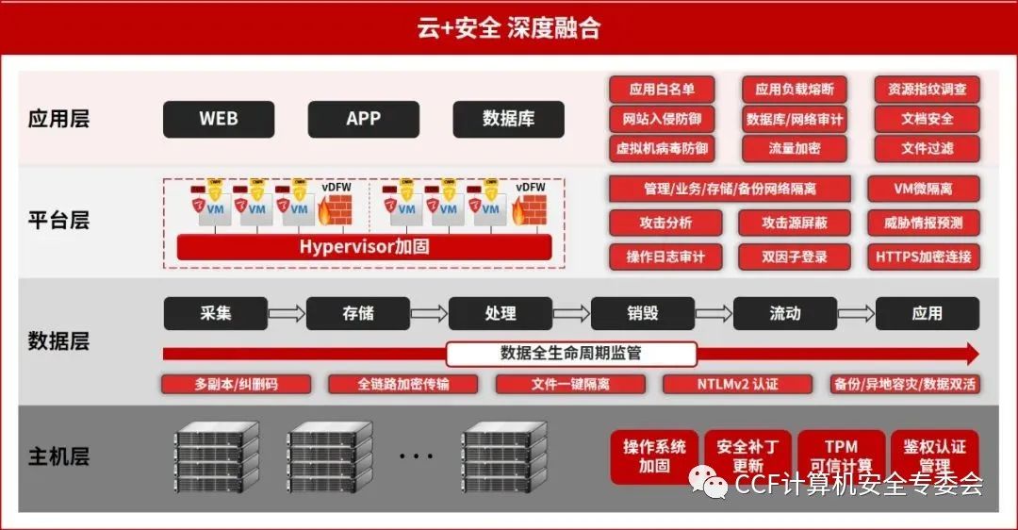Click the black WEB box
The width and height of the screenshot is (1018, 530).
[x=219, y=119]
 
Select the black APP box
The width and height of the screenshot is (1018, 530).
[x=363, y=119]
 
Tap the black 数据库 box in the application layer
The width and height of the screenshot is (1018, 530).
[x=508, y=119]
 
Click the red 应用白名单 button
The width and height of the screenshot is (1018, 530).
[x=662, y=90]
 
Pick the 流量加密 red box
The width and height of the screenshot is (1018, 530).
[x=794, y=148]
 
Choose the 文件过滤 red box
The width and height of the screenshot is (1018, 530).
[x=927, y=148]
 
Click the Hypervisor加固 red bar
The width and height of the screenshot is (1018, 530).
[x=364, y=247]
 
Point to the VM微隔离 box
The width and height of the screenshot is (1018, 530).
[x=923, y=189]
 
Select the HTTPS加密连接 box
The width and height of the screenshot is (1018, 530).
[x=923, y=256]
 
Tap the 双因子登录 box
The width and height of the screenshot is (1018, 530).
[x=794, y=256]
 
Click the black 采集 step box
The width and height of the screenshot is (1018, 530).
[x=215, y=313]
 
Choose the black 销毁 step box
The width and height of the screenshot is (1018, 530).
[x=642, y=313]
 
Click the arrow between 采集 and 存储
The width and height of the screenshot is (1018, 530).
[x=287, y=313]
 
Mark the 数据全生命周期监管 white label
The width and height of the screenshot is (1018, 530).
[x=570, y=354]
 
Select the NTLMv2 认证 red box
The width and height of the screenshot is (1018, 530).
[x=737, y=384]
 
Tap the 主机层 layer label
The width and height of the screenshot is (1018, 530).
[x=58, y=457]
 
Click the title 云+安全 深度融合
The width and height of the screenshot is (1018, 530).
[x=508, y=28]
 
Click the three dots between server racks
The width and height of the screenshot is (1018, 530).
[x=415, y=457]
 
